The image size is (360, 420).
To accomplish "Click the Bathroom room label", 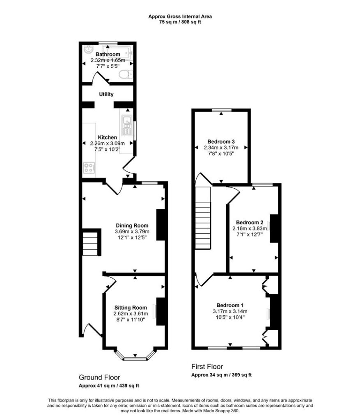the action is (108, 55).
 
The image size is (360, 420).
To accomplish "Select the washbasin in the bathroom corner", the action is (88, 49).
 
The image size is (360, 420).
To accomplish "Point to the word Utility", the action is (106, 94).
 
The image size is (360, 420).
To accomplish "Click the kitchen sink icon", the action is (126, 125).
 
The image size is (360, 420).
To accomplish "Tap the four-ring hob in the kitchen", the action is (89, 168).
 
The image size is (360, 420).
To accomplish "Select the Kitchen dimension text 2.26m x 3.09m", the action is (108, 143).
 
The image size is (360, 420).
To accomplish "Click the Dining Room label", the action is (132, 226).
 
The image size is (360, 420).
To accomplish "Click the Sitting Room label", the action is (131, 308).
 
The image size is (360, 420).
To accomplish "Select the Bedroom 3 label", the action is (221, 142).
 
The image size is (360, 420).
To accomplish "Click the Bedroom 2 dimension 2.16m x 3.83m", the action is (250, 228).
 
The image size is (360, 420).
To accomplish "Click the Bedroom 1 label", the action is (230, 305).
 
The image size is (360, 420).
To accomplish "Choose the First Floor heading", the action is (207, 366).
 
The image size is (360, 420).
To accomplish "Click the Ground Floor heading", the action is (99, 377).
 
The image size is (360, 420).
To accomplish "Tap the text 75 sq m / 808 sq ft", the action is (180, 22).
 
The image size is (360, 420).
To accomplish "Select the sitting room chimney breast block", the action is (160, 311).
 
